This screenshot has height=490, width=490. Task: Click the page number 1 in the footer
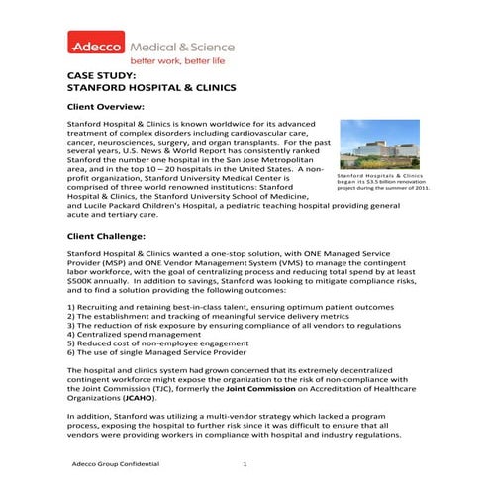(245, 463)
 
